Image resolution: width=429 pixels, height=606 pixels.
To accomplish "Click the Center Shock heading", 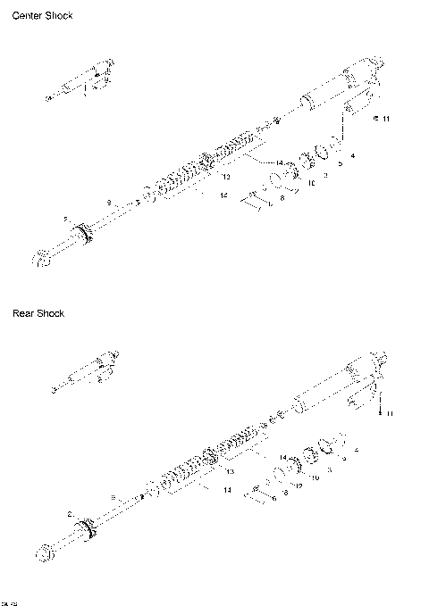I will [42, 16].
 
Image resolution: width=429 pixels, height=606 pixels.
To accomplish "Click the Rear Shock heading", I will [38, 313].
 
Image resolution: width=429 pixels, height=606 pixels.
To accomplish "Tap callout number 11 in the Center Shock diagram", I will [385, 119].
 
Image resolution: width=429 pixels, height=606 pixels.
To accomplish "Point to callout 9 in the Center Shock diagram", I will [108, 203].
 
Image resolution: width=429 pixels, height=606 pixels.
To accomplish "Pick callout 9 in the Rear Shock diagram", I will [113, 496].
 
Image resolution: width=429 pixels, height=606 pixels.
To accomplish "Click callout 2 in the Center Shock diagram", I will [65, 219].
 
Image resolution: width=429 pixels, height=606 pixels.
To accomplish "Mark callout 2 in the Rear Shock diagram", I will [69, 514].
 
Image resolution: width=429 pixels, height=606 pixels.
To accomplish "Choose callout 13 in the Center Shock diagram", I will [226, 178].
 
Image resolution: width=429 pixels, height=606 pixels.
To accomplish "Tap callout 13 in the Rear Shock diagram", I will [230, 471].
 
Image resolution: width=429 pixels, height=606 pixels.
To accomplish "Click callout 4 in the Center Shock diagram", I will [354, 155].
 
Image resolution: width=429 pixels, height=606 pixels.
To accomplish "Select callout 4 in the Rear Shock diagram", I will [357, 450].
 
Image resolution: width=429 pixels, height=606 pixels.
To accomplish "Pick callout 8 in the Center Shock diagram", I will [282, 198].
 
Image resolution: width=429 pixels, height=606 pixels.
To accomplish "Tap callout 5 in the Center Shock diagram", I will [340, 164].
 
